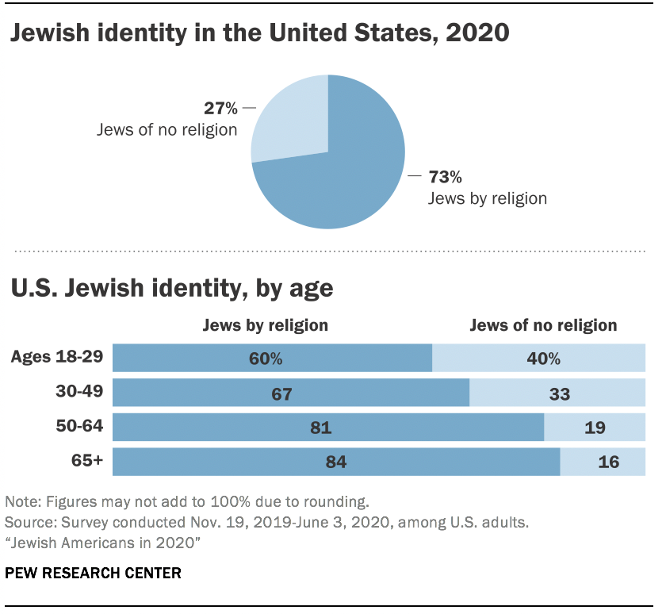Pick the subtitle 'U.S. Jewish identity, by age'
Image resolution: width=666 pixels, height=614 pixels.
pyautogui.click(x=171, y=288)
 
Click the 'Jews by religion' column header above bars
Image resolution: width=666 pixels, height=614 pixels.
pyautogui.click(x=265, y=325)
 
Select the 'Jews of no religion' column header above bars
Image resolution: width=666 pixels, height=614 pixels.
pyautogui.click(x=543, y=325)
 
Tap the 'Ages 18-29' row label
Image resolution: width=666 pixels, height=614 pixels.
pyautogui.click(x=57, y=357)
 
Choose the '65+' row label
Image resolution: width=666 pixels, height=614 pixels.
pyautogui.click(x=86, y=460)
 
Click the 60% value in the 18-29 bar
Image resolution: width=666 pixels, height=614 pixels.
pyautogui.click(x=265, y=359)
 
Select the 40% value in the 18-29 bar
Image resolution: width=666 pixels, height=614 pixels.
pyautogui.click(x=543, y=359)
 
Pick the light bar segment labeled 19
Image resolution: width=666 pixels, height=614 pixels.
pyautogui.click(x=594, y=428)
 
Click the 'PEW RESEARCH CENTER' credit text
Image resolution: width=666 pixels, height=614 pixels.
pyautogui.click(x=93, y=573)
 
